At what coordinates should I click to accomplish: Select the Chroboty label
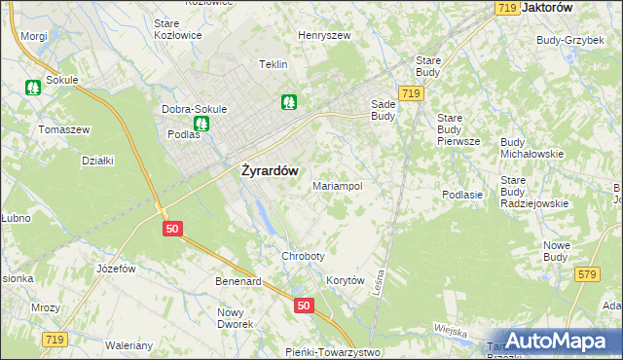pyautogui.click(x=302, y=256)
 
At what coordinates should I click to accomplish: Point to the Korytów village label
pyautogui.click(x=345, y=280)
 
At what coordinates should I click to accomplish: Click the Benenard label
pyautogui.click(x=238, y=282)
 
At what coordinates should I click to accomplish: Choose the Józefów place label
pyautogui.click(x=114, y=268)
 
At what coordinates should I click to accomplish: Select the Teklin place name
pyautogui.click(x=273, y=64)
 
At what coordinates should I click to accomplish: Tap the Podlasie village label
pyautogui.click(x=462, y=195)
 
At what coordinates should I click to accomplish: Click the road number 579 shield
pyautogui.click(x=586, y=276)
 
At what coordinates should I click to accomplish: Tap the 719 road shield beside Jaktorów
pyautogui.click(x=506, y=8)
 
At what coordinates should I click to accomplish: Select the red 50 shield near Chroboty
pyautogui.click(x=305, y=306)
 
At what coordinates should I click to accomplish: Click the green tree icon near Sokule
pyautogui.click(x=33, y=87)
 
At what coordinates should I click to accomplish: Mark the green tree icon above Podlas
pyautogui.click(x=201, y=124)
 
